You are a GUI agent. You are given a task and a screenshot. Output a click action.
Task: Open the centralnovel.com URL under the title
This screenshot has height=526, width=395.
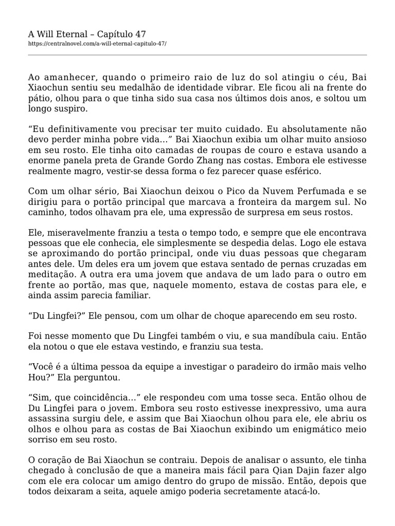click(97, 44)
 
